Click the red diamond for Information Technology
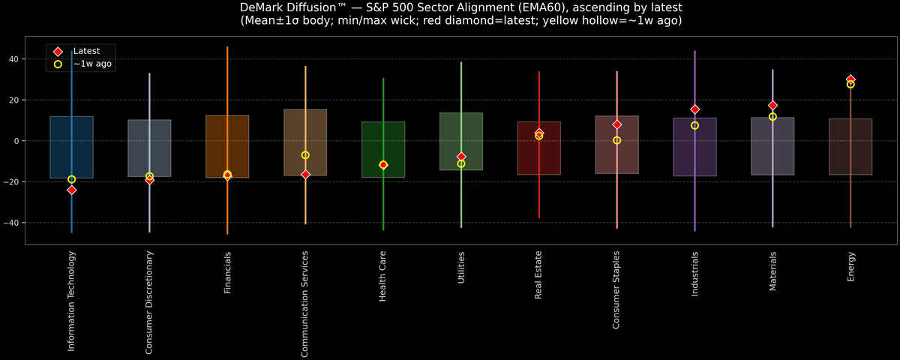71,190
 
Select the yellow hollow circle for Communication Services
305,155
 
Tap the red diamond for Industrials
694,109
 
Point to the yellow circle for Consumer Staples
616,140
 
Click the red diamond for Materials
772,106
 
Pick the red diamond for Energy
850,79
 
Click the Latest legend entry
85,51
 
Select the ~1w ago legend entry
92,64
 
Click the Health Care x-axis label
383,277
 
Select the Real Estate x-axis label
538,275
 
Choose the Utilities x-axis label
461,268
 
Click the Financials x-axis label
227,272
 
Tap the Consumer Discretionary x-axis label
149,302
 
